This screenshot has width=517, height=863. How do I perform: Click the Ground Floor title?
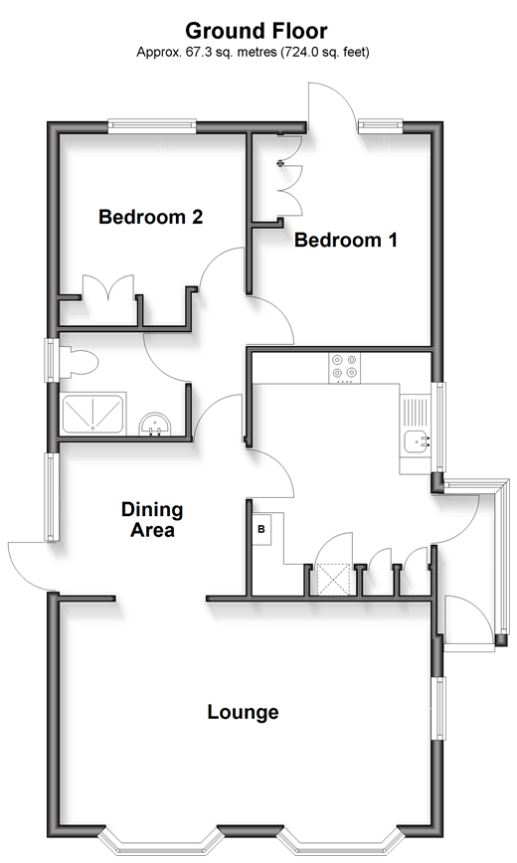coord(257,32)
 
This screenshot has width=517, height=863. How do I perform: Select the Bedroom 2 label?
coord(151,217)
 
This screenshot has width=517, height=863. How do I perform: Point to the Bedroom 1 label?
coord(346,240)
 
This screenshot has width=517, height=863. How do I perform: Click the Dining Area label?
coord(152,520)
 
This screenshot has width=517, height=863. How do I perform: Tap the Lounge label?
coord(243,712)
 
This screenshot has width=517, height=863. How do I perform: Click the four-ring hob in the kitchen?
coord(345,368)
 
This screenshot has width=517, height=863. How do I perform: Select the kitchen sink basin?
coord(417,441)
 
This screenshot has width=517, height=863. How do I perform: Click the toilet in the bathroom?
coord(78,363)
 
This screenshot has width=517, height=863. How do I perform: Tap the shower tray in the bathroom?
coord(92,413)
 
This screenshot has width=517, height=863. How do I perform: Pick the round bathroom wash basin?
coord(155,426)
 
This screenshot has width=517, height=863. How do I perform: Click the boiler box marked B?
coord(261,529)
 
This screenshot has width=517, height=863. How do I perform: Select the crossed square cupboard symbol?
coord(334,580)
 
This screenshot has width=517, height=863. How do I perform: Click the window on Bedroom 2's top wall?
coord(152,126)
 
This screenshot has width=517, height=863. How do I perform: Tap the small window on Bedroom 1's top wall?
coord(381,126)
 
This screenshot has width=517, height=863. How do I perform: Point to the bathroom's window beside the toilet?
coord(52,360)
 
